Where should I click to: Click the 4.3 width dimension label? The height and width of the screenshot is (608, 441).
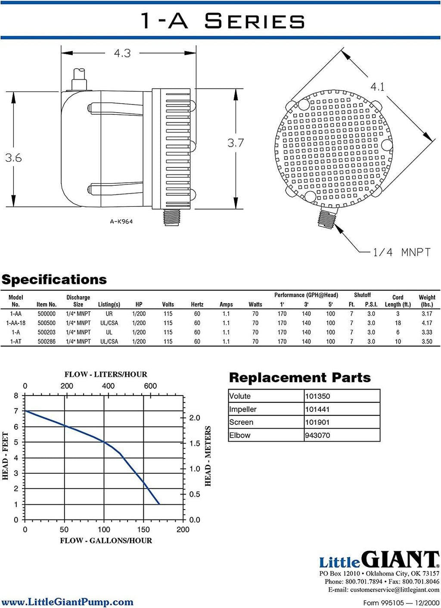122,53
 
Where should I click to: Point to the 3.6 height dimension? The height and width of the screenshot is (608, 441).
13,158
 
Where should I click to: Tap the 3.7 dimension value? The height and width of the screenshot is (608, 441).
236,143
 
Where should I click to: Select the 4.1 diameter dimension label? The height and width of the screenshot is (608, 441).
377,87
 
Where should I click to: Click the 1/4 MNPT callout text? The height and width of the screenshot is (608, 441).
402,252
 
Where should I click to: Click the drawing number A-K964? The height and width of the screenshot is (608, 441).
121,221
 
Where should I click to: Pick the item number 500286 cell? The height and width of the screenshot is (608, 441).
47,341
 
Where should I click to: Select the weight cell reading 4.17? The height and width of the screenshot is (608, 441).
427,323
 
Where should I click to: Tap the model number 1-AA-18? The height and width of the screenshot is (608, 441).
16,323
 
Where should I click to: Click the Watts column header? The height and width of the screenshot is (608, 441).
255,304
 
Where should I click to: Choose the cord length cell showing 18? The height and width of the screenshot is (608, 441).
398,323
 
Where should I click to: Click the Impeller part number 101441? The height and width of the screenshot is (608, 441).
317,409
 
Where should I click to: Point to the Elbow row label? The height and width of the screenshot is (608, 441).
240,435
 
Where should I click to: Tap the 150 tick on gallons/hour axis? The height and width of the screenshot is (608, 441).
143,529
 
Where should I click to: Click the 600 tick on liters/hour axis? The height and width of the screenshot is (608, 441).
150,386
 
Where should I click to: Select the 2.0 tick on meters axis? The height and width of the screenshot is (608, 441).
194,418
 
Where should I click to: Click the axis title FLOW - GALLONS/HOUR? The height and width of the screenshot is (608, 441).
106,540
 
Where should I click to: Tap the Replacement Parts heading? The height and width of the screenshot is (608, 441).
300,377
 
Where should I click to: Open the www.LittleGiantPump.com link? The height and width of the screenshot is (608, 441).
67,602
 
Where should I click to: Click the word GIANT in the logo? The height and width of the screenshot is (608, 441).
401,559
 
